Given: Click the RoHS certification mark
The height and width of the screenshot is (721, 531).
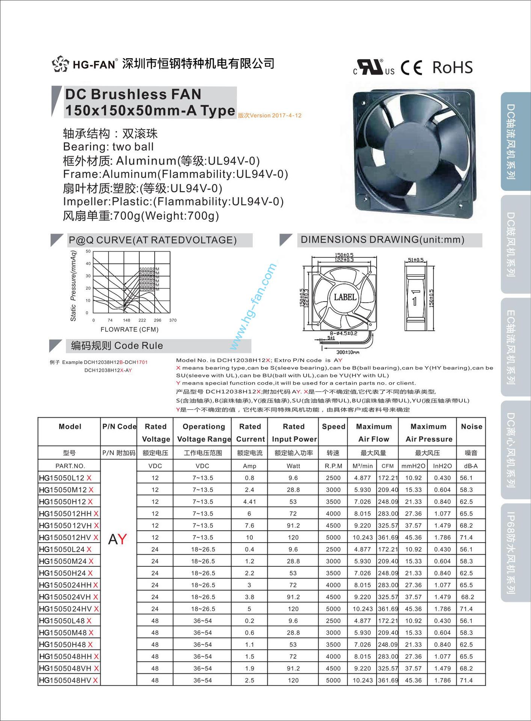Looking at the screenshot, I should click(452, 68).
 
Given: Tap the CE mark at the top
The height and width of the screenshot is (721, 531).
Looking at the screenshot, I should click(411, 68).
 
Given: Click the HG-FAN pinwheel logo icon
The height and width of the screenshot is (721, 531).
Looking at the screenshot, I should click(60, 64).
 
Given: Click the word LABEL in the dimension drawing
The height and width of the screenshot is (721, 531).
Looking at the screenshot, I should click(345, 297).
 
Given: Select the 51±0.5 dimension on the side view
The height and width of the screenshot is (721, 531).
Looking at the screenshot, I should click(415, 260).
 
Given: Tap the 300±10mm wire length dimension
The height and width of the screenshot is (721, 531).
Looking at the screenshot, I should click(347, 352).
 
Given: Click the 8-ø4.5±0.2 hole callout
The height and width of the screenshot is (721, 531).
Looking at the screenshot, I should click(344, 333).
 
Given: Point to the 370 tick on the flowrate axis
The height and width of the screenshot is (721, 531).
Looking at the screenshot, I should click(173, 320).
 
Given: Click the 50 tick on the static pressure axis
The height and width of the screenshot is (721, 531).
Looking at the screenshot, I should click(88, 251).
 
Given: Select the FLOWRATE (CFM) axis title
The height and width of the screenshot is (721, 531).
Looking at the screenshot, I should click(130, 329).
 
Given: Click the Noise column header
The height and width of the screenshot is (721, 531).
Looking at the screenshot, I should click(471, 427).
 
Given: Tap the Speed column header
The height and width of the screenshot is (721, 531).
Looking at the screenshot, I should click(333, 427).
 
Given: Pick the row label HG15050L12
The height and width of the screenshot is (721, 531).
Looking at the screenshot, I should click(62, 478).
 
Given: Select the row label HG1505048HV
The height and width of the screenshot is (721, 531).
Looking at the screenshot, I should click(65, 680).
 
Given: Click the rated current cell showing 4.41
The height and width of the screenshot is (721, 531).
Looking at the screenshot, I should click(249, 502).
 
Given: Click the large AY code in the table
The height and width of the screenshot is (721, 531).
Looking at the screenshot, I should click(118, 539).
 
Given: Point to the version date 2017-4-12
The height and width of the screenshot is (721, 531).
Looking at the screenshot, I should click(287, 116).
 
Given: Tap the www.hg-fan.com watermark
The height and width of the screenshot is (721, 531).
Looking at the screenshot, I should click(253, 306).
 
